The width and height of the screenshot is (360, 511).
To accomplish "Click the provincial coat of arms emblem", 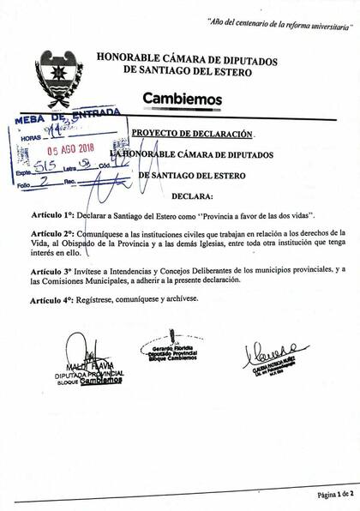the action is tap(59, 78).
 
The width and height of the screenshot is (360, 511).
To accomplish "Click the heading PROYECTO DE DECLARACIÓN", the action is tap(193, 135).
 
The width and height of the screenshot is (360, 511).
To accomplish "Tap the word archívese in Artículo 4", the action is tap(177, 299).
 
